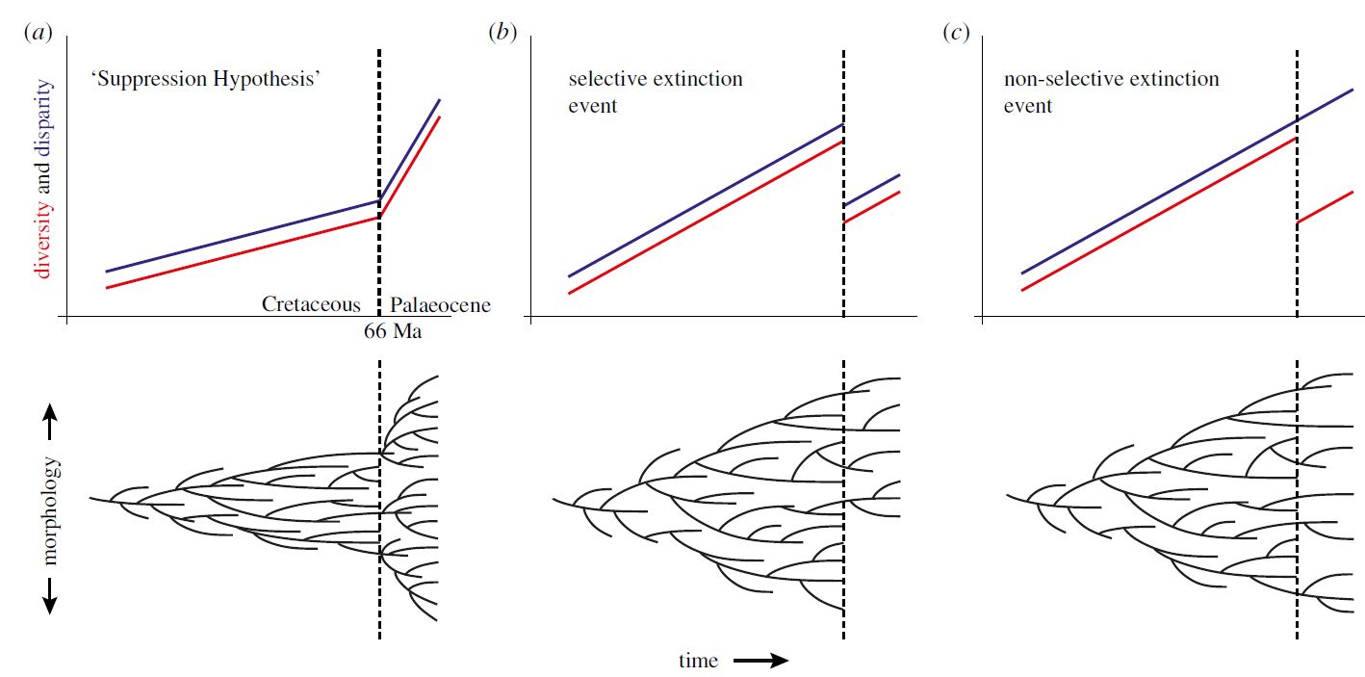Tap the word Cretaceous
pyautogui.click(x=311, y=304)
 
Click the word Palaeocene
pyautogui.click(x=440, y=305)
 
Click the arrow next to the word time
pyautogui.click(x=760, y=661)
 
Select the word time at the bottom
pyautogui.click(x=698, y=661)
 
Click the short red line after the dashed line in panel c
pyautogui.click(x=1326, y=207)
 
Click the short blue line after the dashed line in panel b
pyautogui.click(x=872, y=190)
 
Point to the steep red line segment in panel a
pyautogui.click(x=410, y=166)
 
